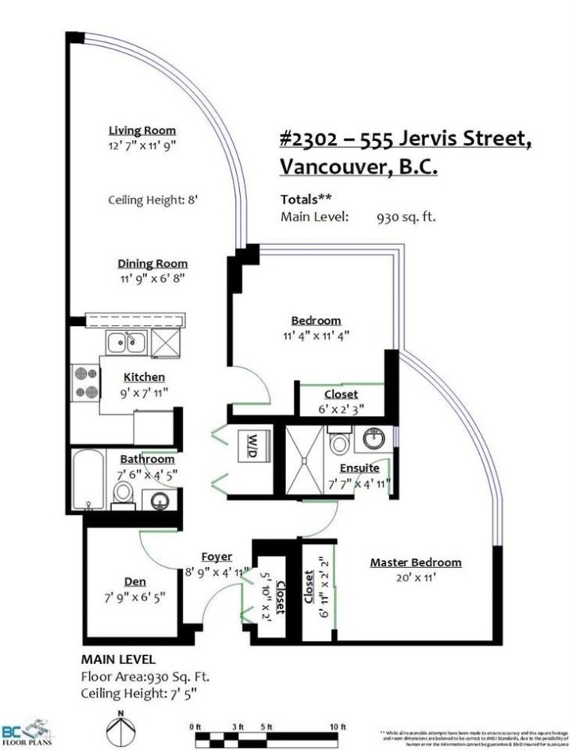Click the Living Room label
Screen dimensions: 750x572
click(142, 130)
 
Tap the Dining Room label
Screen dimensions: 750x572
click(153, 263)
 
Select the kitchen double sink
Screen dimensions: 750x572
click(126, 344)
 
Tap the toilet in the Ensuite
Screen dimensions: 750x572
click(338, 441)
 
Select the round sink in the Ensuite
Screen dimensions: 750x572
click(373, 438)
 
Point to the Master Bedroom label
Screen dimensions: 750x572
click(415, 563)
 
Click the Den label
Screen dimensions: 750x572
click(135, 581)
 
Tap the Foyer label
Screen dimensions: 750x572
click(216, 557)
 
